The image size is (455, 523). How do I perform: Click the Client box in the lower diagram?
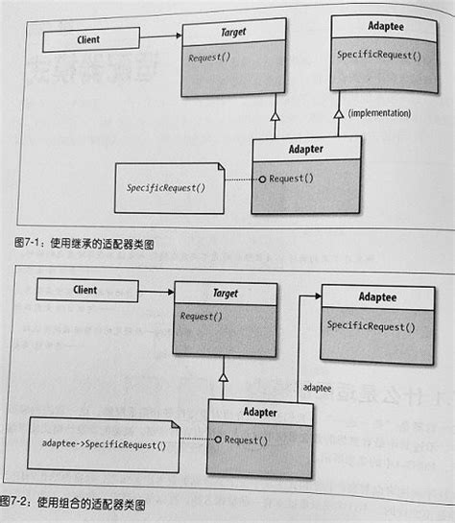click(84, 289)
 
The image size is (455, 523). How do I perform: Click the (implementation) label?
click(379, 113)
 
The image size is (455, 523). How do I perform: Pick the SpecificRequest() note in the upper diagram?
click(166, 188)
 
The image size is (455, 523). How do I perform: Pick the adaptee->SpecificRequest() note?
click(105, 444)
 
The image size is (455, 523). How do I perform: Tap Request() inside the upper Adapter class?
click(291, 178)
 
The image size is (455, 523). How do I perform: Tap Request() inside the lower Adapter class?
click(247, 440)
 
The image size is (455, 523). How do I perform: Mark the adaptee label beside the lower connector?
click(319, 387)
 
